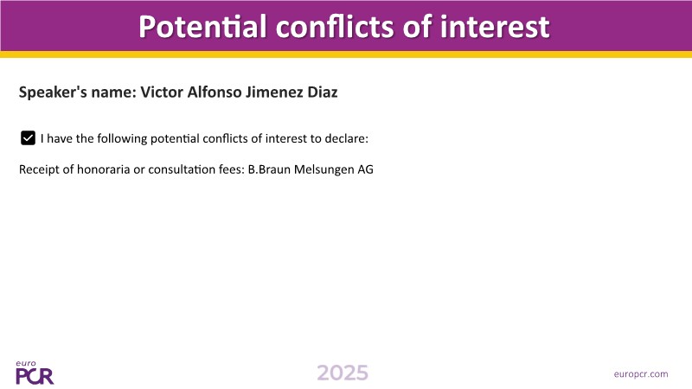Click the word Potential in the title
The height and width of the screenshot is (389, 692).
click(x=202, y=27)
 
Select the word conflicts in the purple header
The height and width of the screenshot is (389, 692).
click(x=336, y=27)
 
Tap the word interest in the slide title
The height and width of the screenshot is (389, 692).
click(x=495, y=27)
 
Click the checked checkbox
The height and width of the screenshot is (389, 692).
click(x=28, y=138)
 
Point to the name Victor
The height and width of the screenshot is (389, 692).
click(x=162, y=92)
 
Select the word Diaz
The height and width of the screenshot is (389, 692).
click(x=323, y=92)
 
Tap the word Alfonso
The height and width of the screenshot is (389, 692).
click(x=214, y=92)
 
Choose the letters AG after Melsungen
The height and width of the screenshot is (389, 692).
click(x=365, y=169)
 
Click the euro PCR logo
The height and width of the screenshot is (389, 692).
click(x=35, y=373)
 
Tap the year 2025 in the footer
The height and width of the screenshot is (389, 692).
click(x=343, y=373)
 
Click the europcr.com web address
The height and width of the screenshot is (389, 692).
click(x=641, y=374)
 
